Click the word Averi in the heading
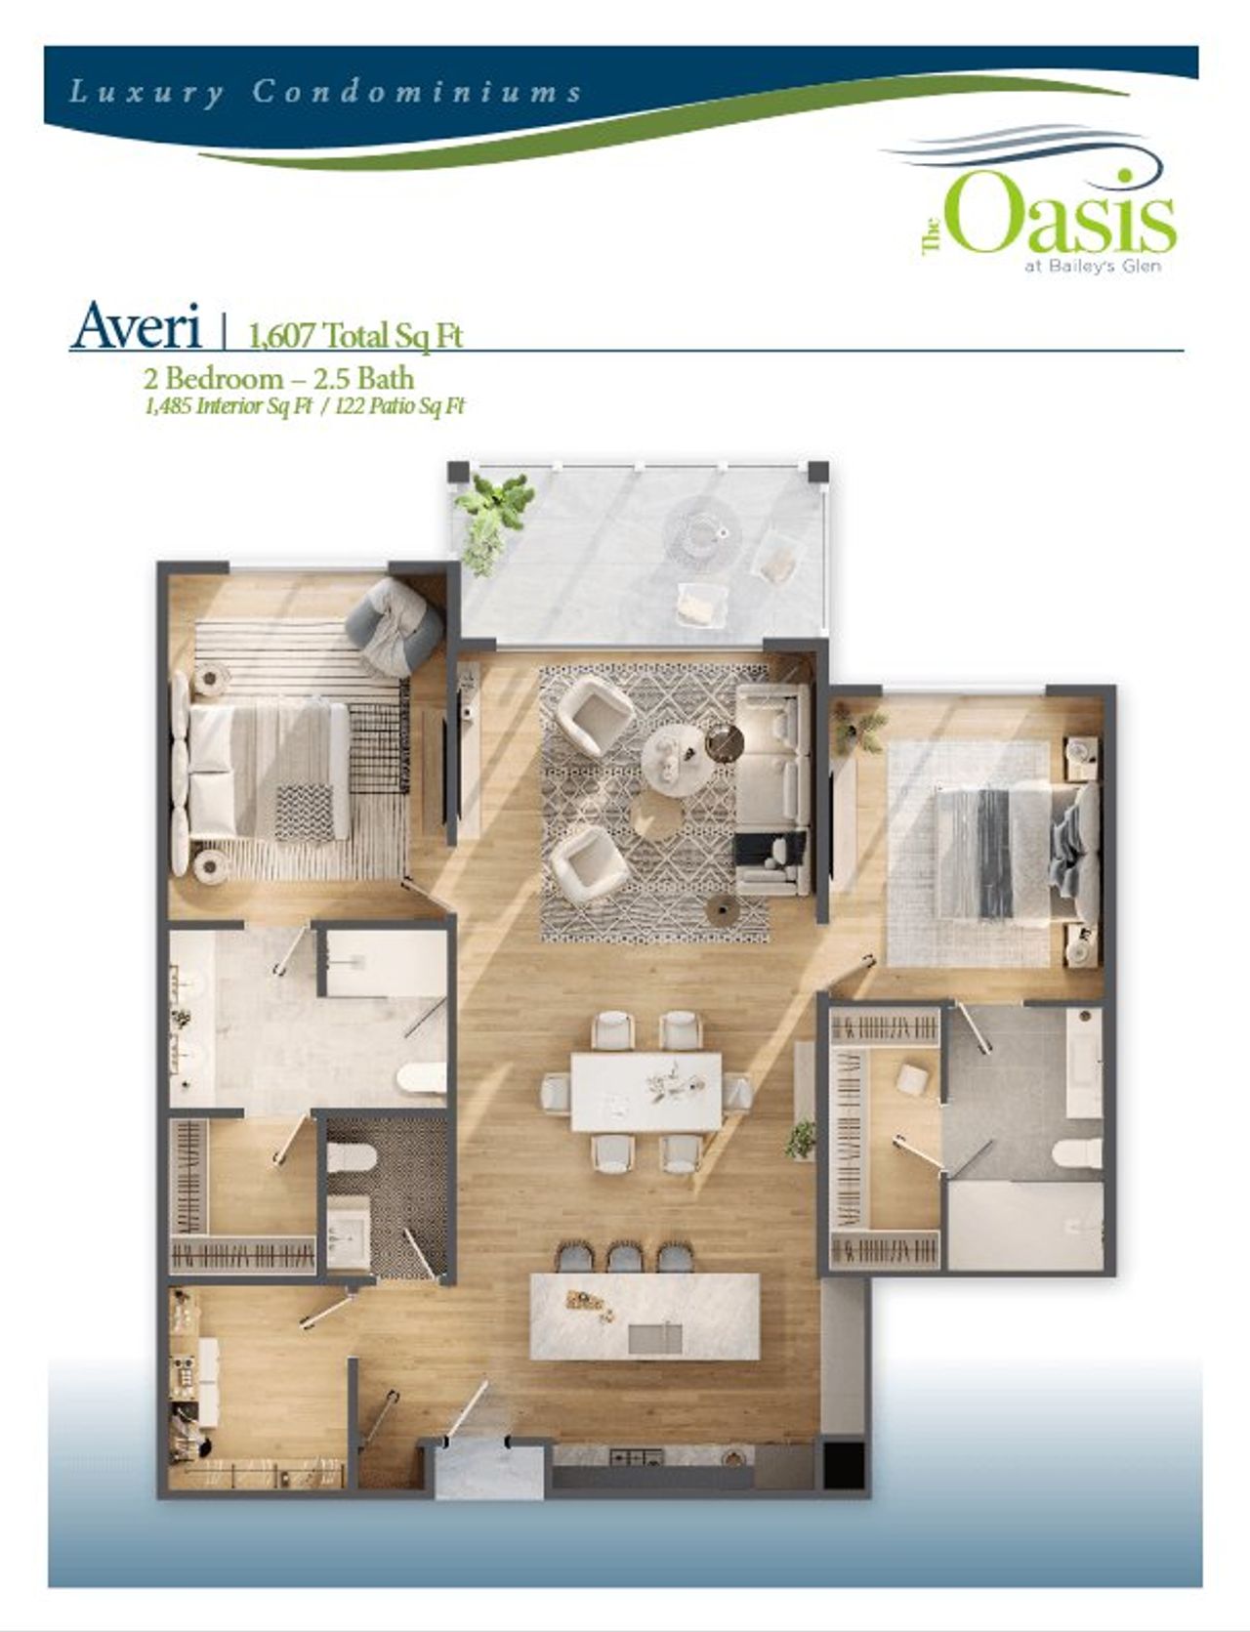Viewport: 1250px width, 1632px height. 136,326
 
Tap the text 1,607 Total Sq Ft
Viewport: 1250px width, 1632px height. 355,335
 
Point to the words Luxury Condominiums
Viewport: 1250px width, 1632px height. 325,93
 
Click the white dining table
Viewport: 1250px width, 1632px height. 646,1091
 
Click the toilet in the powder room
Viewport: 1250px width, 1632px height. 352,1157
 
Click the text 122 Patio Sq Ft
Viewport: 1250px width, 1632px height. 399,407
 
